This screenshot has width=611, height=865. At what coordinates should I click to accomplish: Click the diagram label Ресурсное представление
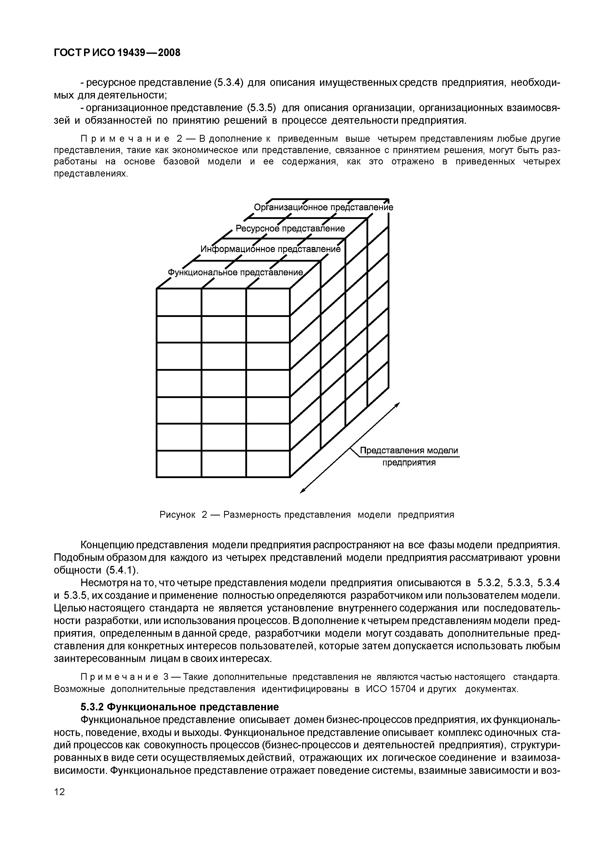[290, 229]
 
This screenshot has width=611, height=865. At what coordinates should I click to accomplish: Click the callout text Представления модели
[409, 451]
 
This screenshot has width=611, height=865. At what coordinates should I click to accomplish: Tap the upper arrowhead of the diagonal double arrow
[397, 404]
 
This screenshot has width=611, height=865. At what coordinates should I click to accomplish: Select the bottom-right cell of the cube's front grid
[268, 464]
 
